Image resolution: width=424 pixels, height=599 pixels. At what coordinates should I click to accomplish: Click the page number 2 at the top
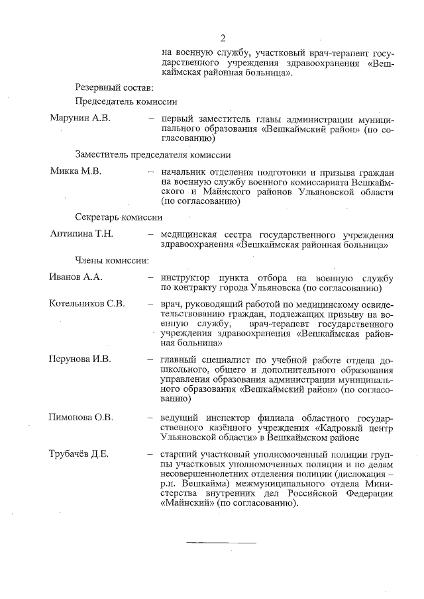223,37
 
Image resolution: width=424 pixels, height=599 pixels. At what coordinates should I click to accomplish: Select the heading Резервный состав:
114,87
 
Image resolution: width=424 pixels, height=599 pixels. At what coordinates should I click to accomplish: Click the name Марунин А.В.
79,118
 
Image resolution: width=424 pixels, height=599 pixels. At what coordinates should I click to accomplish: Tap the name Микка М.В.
76,171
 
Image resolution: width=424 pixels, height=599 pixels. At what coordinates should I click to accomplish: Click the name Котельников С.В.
87,304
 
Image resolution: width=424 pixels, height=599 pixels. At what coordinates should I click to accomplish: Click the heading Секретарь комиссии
119,217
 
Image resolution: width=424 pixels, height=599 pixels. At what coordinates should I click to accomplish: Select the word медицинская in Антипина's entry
189,234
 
